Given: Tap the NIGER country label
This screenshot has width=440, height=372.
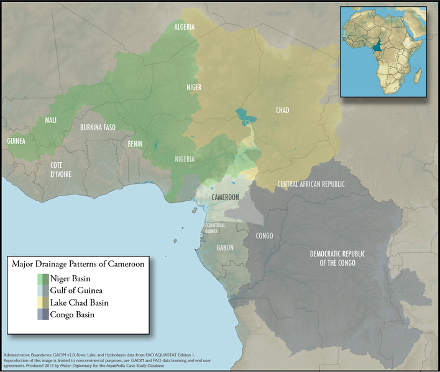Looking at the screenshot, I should [194, 88].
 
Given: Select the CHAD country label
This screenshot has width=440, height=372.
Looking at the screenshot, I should [282, 111].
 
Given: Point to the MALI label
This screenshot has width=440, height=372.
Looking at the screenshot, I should [51, 120].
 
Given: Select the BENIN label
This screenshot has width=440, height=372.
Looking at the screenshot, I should [135, 144].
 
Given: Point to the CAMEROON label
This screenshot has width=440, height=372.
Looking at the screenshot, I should [226, 197].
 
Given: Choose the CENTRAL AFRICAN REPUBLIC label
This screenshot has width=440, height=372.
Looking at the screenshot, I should [311, 184].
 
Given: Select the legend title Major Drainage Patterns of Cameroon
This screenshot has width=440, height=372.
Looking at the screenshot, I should [78, 265].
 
